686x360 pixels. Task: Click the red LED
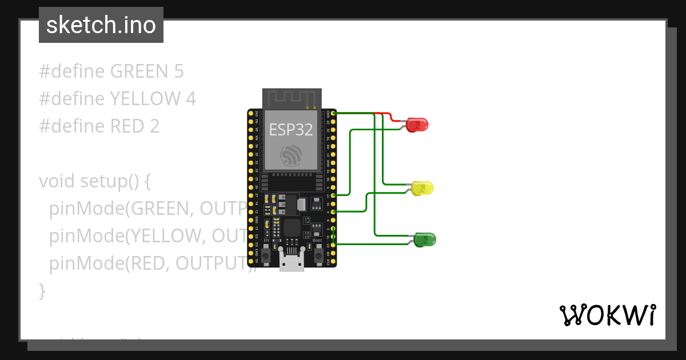tap(417, 125)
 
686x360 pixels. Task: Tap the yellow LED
tap(422, 187)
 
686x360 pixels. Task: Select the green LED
tap(425, 239)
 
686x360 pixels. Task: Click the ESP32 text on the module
tap(291, 130)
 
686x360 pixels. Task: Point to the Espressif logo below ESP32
tap(291, 155)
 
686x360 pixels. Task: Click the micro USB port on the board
tap(292, 262)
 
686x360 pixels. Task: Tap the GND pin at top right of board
tap(333, 114)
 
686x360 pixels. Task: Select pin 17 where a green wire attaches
tap(333, 195)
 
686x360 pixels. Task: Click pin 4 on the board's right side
tap(333, 212)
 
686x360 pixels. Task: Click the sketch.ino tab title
tap(101, 25)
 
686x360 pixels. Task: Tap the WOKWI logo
tap(607, 315)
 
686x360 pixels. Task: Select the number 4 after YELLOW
tap(191, 99)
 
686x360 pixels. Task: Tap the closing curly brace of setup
tap(42, 291)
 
